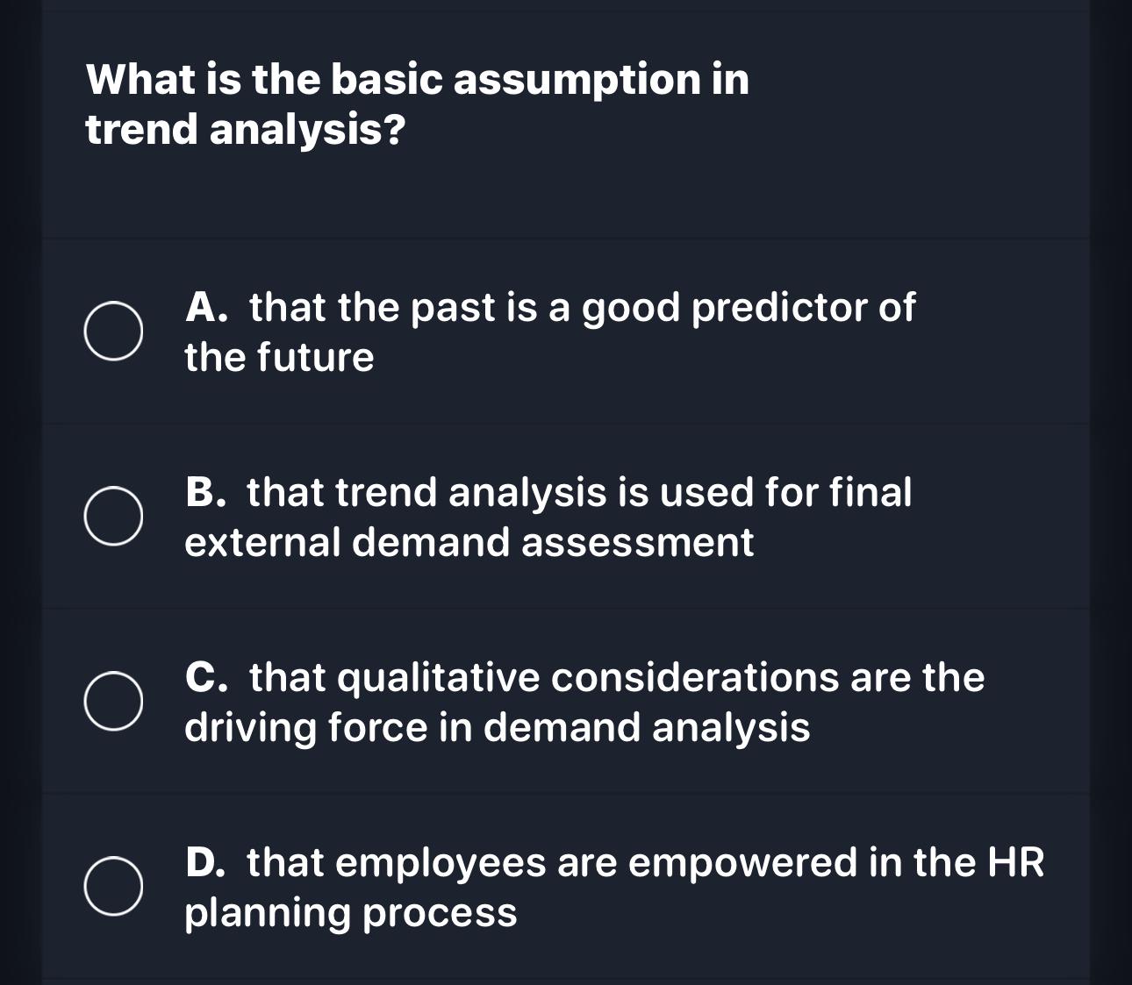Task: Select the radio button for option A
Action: [x=113, y=332]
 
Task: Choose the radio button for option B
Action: [x=113, y=517]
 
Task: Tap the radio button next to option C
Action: [x=113, y=702]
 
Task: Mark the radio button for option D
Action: [x=113, y=887]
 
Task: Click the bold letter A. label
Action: [x=208, y=308]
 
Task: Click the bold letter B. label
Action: [x=207, y=492]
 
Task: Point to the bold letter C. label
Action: [x=208, y=677]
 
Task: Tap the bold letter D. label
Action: [x=207, y=862]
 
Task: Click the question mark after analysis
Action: [x=395, y=131]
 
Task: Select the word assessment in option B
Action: [x=637, y=542]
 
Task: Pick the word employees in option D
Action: [x=440, y=863]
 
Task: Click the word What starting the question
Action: [x=140, y=81]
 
